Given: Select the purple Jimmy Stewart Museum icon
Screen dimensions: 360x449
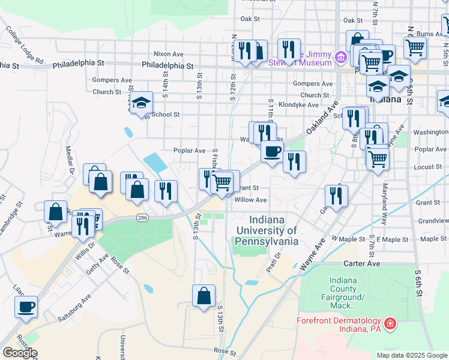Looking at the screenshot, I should click(x=341, y=58).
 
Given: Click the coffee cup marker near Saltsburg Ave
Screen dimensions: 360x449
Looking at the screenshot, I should click(x=26, y=308).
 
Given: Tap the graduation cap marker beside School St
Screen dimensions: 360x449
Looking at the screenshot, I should click(x=141, y=103).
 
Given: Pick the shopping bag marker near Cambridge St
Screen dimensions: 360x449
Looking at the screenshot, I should click(x=56, y=212).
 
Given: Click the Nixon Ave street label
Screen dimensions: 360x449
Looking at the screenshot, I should click(x=168, y=54).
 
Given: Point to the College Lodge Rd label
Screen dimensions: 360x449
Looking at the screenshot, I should click(x=25, y=44).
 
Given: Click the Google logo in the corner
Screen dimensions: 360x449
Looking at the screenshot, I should click(x=20, y=352).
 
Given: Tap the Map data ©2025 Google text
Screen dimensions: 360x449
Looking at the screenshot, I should click(x=411, y=355).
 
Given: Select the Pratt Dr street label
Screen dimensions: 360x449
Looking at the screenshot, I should click(x=277, y=262).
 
